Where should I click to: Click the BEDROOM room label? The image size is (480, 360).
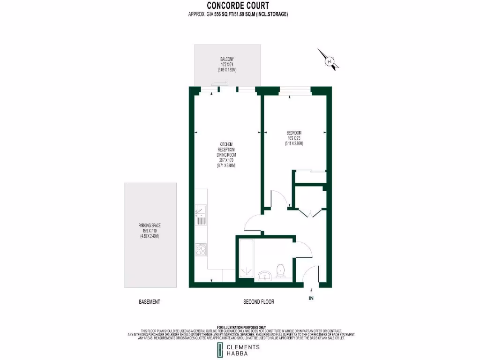pyautogui.click(x=294, y=133)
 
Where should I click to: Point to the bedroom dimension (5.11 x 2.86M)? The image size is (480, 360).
pyautogui.click(x=294, y=144)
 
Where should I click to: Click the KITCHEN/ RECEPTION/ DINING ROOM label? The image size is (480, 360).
pyautogui.click(x=225, y=149)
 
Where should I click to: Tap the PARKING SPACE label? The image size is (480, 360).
pyautogui.click(x=150, y=225)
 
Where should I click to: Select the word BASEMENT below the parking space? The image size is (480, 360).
pyautogui.click(x=150, y=302)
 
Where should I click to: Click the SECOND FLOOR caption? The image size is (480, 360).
pyautogui.click(x=259, y=302)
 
